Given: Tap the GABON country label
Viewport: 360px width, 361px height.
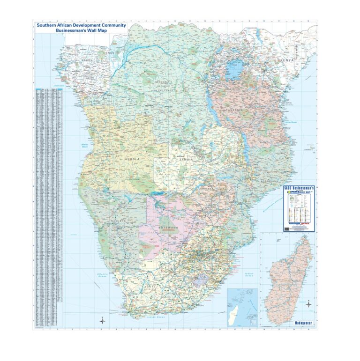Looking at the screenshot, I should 87,60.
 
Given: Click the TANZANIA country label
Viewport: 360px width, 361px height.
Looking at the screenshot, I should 235,110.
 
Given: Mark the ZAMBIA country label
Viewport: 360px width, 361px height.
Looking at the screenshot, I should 186,160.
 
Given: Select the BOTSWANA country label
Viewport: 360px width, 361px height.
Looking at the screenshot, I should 169,228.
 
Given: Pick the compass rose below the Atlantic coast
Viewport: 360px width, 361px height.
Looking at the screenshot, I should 103,320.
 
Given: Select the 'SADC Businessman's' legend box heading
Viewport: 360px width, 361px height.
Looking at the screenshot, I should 300,187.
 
